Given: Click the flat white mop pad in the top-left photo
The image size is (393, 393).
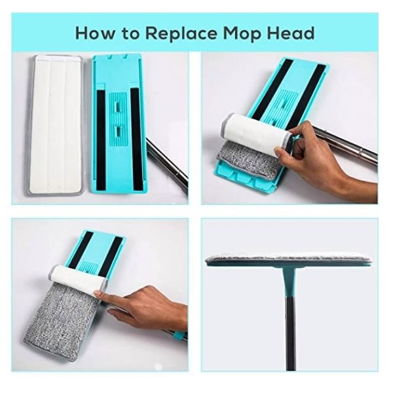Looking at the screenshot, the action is click(x=54, y=125).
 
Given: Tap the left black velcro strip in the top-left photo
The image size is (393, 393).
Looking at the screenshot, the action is click(x=101, y=141).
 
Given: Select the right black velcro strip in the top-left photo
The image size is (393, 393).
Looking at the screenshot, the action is click(x=137, y=139).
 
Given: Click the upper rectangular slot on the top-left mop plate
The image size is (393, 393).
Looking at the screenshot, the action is click(x=117, y=106).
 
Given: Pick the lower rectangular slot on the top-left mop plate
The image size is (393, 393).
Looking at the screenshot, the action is click(x=118, y=130).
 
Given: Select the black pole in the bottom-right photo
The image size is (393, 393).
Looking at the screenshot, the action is click(x=290, y=333).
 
